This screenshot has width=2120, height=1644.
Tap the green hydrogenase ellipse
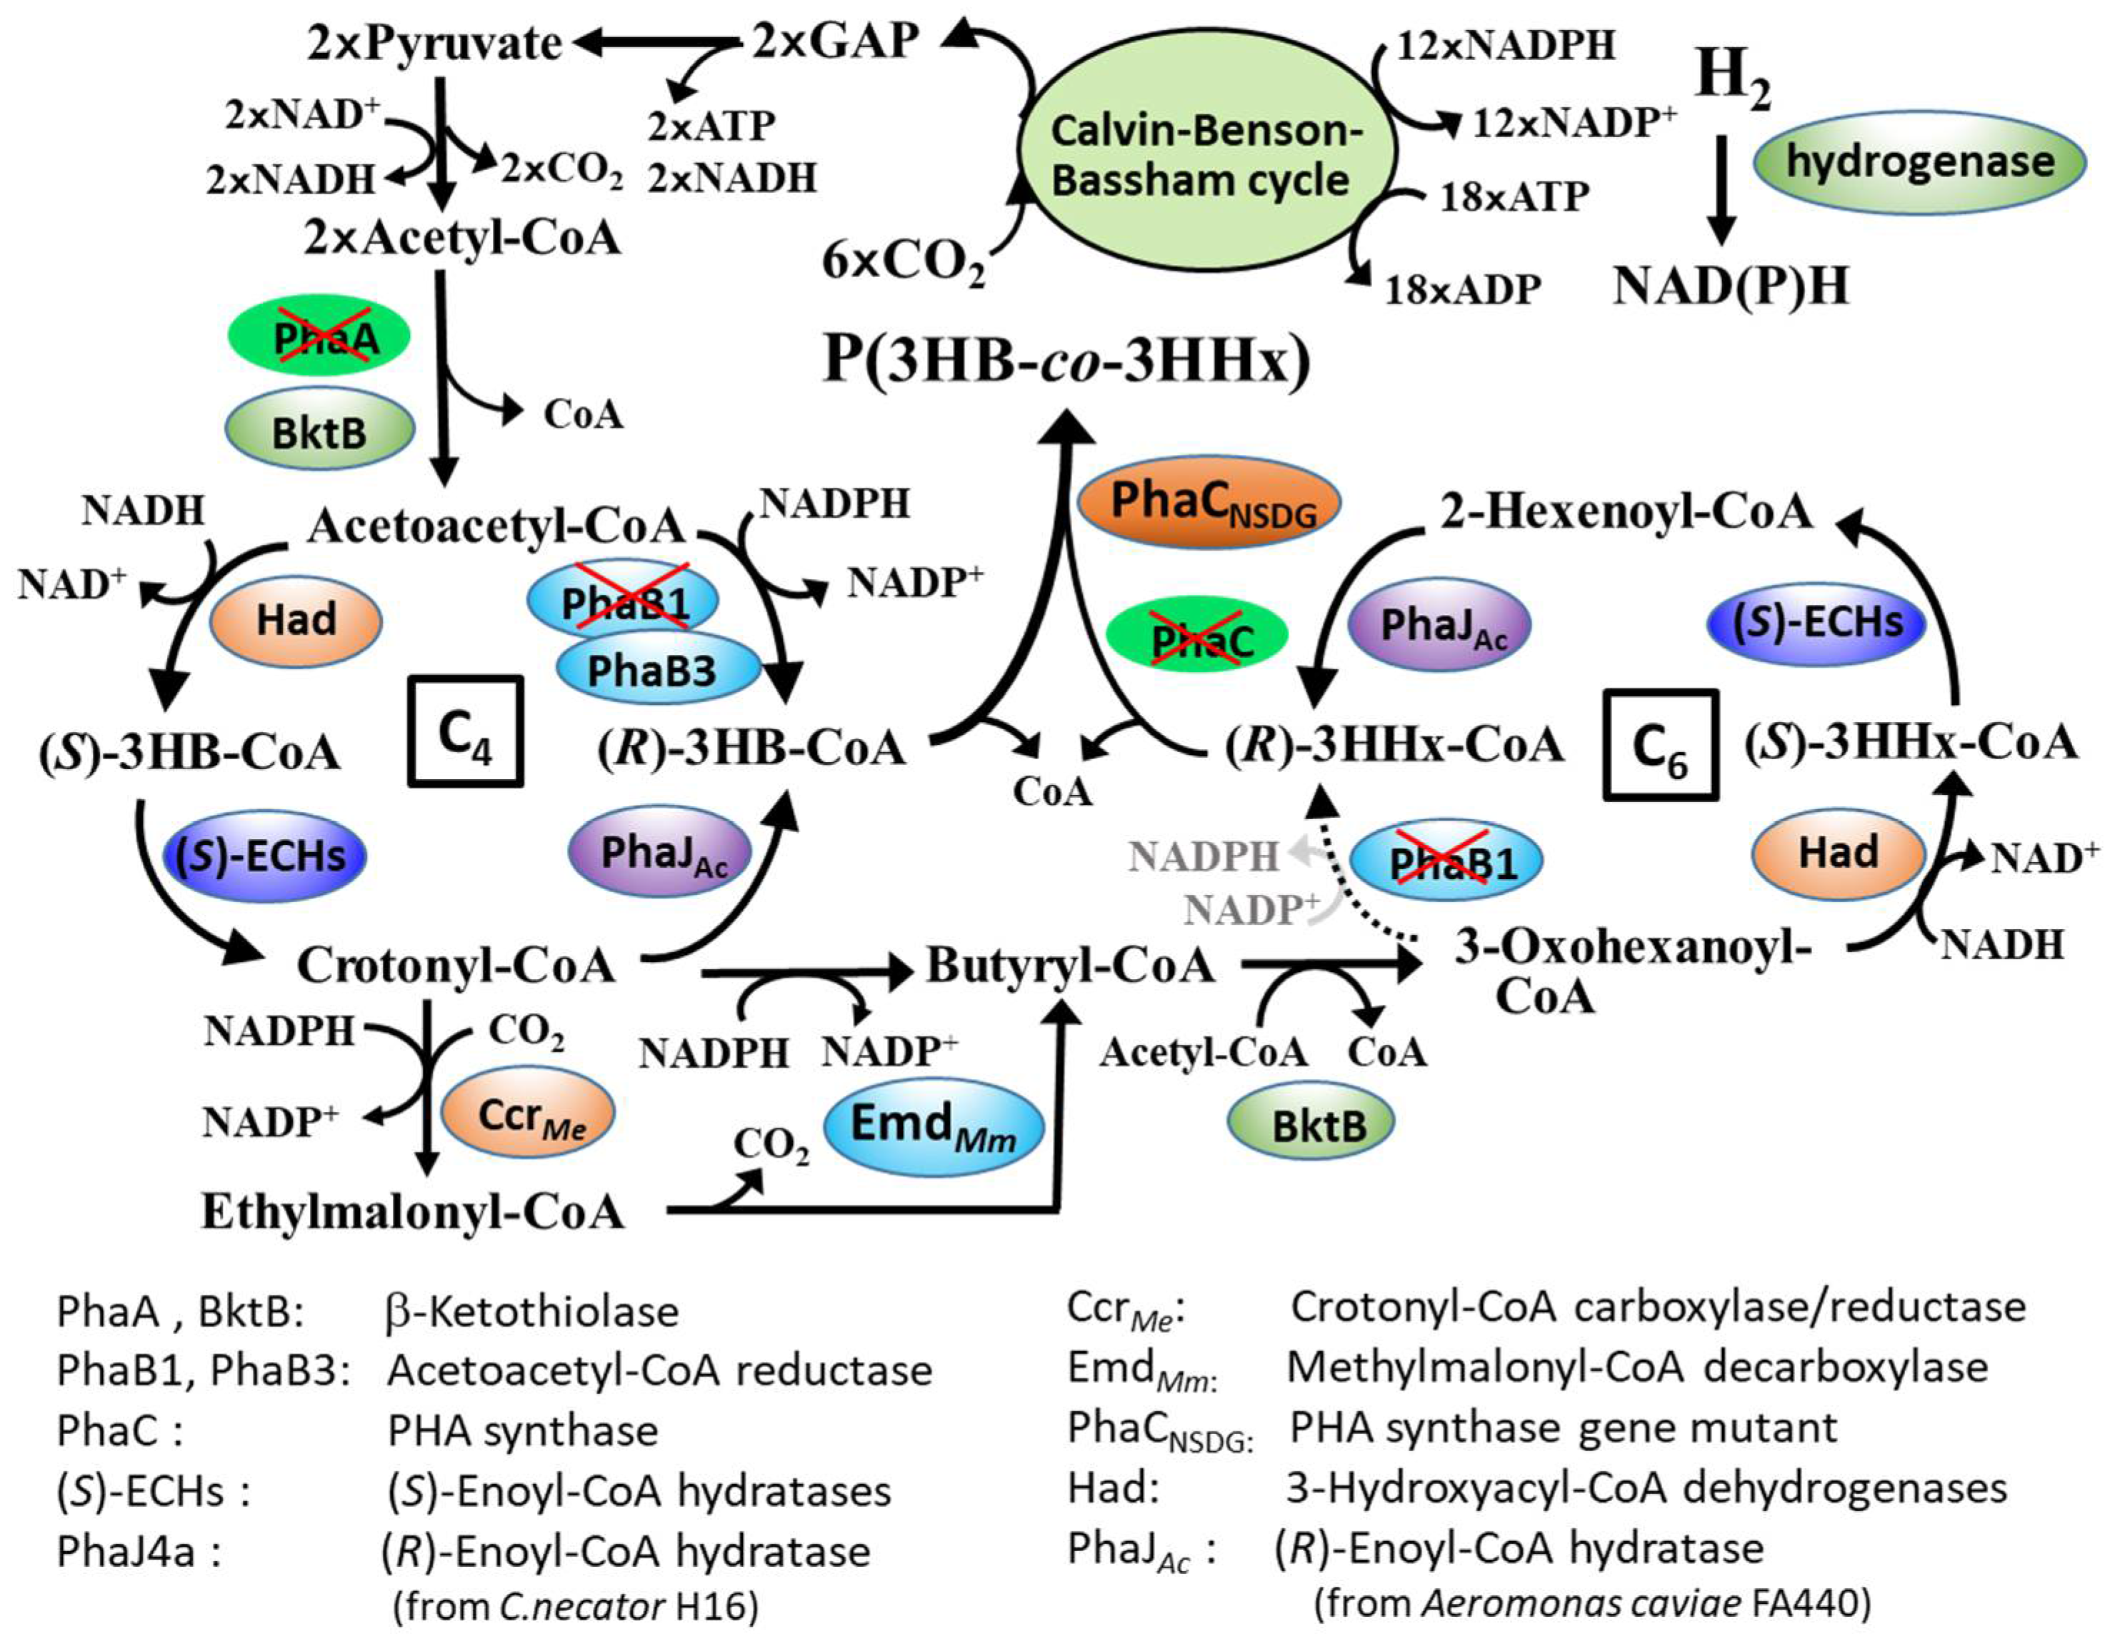click(1919, 162)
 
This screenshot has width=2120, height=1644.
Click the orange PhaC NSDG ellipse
click(1209, 503)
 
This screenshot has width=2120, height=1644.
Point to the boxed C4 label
click(466, 731)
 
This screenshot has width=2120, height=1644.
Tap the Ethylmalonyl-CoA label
click(413, 1211)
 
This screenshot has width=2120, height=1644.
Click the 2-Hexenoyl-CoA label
click(1626, 511)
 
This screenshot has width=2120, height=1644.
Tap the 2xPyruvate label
click(434, 44)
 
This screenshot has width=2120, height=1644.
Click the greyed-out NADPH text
click(1203, 857)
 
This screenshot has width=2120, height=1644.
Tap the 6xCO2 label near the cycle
click(903, 262)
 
